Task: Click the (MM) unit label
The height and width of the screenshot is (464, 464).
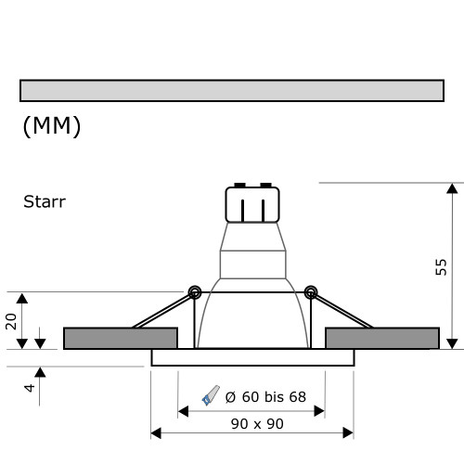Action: point(52,126)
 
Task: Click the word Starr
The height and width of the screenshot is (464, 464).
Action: point(44,200)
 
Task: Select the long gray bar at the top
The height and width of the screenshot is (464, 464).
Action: point(231,90)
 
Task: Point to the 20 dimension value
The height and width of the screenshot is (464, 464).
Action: point(12,321)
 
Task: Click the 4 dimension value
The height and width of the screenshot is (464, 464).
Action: point(30,386)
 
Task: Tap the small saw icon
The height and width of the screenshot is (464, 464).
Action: point(212,396)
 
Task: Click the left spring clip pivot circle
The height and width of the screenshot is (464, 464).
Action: point(194,292)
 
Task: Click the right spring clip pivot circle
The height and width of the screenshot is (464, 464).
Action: point(310,292)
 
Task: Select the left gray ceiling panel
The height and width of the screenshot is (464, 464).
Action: point(120,338)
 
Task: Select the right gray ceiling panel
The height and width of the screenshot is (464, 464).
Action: point(382,338)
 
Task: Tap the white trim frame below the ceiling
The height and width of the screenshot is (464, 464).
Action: point(251,357)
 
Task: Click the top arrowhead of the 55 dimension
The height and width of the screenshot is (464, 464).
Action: point(452,189)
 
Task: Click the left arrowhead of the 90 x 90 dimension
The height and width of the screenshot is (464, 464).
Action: point(156,432)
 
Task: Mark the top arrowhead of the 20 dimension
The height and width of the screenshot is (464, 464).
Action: point(24,298)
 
